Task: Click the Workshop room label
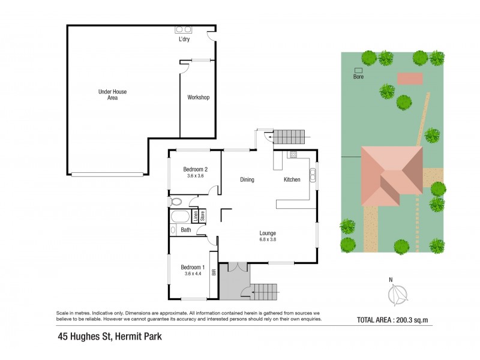tap(198, 97)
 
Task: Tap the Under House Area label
tap(112, 95)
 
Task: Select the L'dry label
tap(185, 40)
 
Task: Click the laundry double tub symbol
tap(183, 29)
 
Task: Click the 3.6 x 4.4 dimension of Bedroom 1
tap(194, 274)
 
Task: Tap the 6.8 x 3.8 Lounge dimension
tap(267, 240)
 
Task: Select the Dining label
tap(247, 179)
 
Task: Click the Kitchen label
tap(292, 179)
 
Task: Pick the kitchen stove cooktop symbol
tap(293, 155)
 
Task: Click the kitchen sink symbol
tap(313, 175)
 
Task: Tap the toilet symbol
tap(175, 202)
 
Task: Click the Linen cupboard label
tap(195, 216)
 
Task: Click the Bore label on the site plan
tap(358, 77)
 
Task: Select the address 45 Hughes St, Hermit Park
tap(110, 337)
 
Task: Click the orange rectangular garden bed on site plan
tap(410, 78)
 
